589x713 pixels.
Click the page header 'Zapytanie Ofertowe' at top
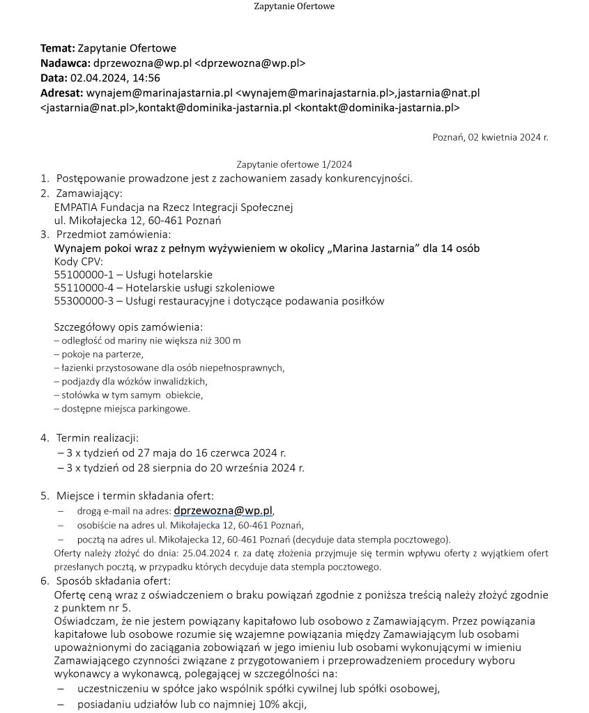[x=293, y=7]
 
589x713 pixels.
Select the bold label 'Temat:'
[x=57, y=48]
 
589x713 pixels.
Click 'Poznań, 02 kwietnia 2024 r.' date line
[x=490, y=137]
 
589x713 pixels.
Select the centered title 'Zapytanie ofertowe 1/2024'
[x=294, y=164]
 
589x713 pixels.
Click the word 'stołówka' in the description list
[x=78, y=395]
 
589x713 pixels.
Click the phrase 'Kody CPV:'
[x=78, y=261]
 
